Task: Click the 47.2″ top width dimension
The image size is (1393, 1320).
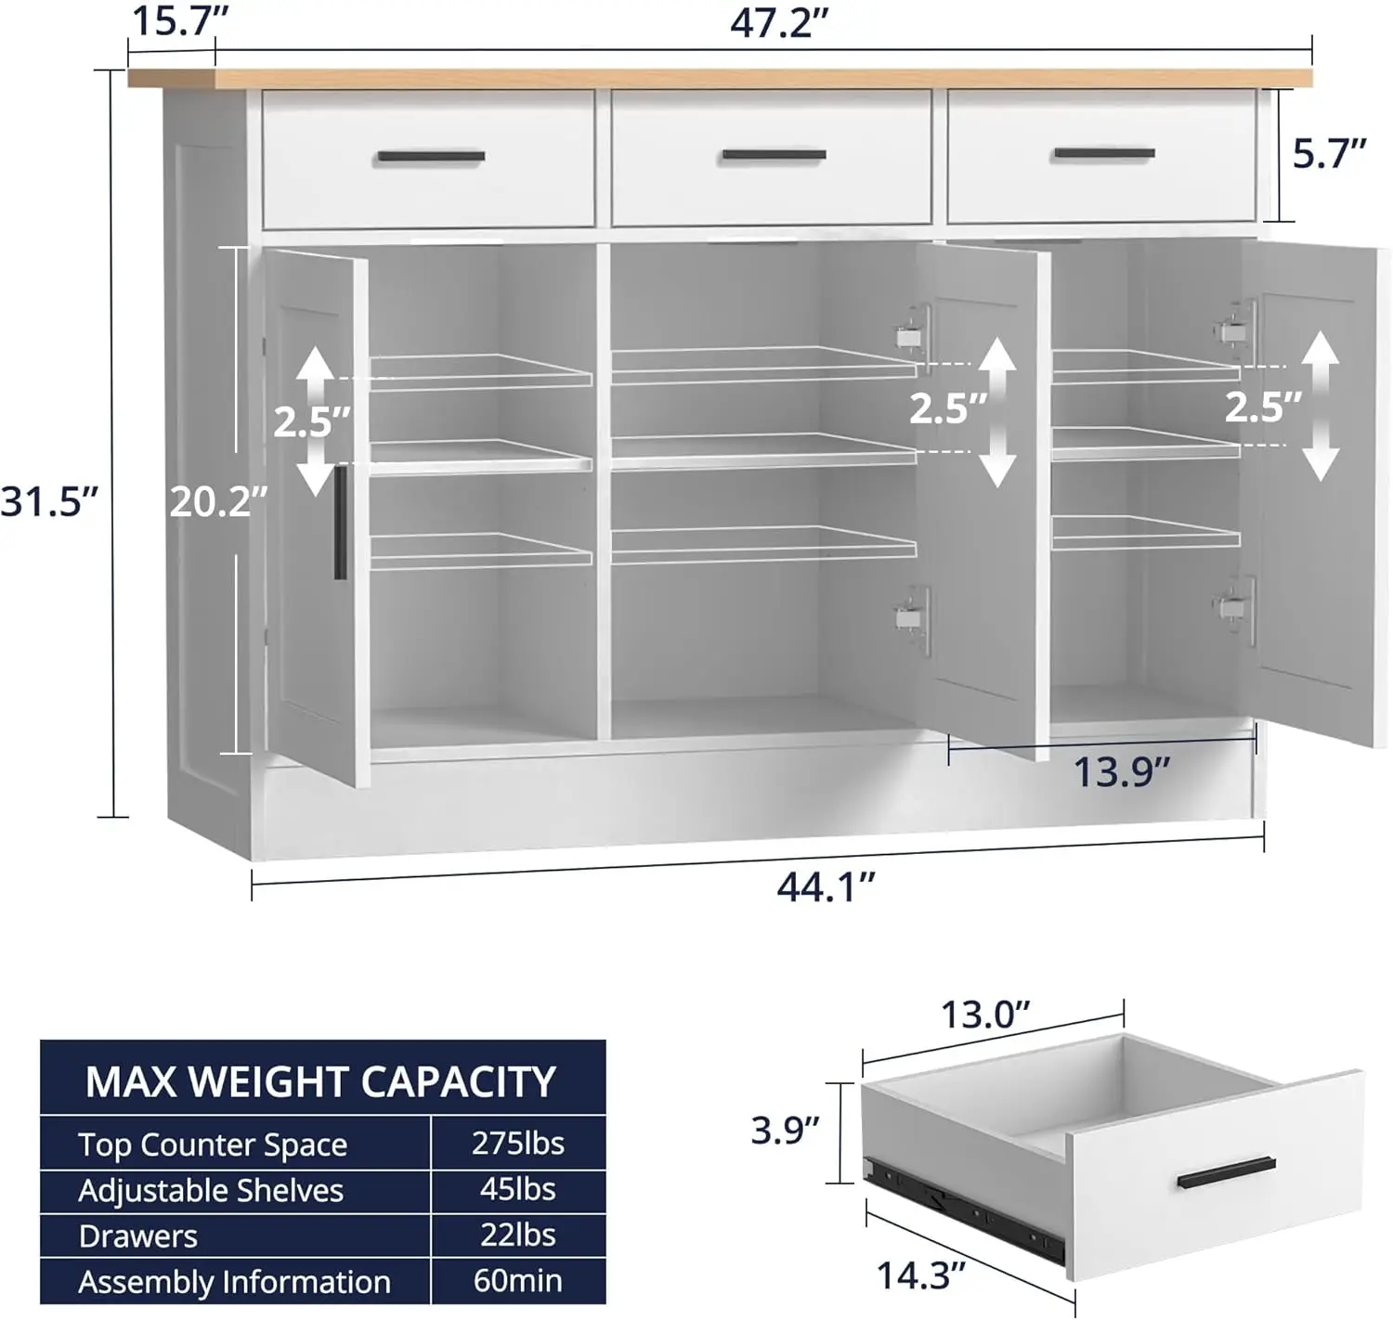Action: pos(778,23)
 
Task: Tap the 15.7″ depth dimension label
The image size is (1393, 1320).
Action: pos(172,19)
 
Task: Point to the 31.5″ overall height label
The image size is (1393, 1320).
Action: pos(48,502)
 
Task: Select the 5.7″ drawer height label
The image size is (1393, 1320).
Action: pos(1329,154)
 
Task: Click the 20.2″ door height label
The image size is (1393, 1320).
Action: pos(218,502)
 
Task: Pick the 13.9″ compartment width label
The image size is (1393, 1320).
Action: pos(1121,771)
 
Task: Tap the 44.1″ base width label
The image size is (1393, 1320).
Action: pos(826,887)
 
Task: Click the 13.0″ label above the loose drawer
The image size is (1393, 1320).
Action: pos(985,1015)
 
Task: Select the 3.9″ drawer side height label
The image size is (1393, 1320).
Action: pos(785,1130)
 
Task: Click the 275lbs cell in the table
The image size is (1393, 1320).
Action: pos(517,1144)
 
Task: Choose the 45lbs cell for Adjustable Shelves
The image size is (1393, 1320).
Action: pos(517,1189)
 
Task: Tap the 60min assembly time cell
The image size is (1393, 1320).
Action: pos(517,1281)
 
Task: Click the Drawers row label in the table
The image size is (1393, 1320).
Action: pos(138,1236)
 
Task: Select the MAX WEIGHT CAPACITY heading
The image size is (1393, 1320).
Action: pos(320,1081)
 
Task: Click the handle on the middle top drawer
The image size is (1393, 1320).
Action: pos(774,155)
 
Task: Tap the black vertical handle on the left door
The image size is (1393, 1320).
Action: pos(340,523)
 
